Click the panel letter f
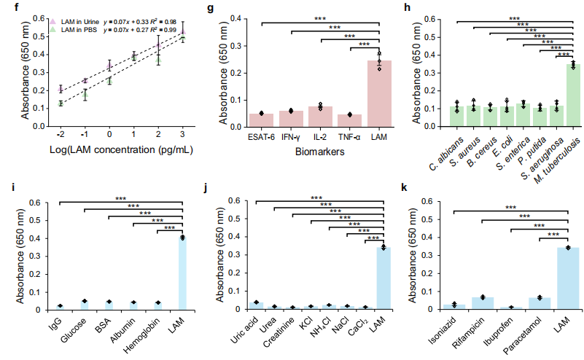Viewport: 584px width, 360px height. point(4,7)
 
